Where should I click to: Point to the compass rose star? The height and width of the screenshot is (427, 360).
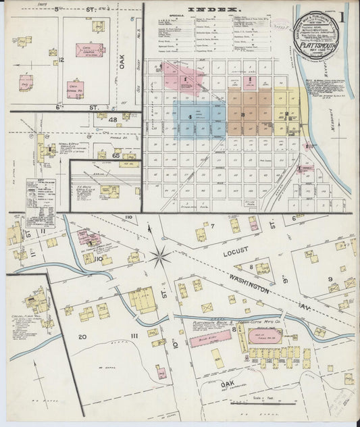tap(161, 256)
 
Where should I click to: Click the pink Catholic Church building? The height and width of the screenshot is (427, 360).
tap(89, 52)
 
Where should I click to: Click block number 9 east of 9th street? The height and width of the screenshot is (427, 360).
tap(330, 278)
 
